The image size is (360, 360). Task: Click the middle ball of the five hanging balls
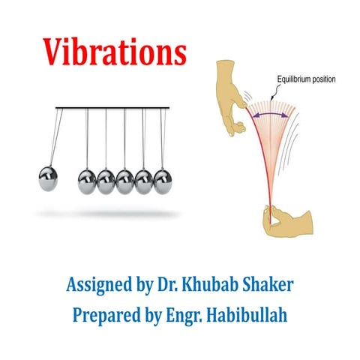click(x=124, y=181)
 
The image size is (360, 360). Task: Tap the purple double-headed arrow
click(x=271, y=115)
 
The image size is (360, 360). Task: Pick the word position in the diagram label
click(x=323, y=79)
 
